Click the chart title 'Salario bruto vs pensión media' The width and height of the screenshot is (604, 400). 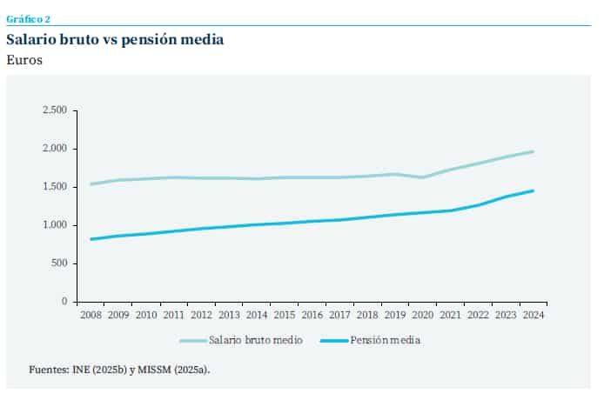pyautogui.click(x=115, y=40)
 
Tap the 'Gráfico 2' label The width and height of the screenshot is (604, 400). pyautogui.click(x=28, y=17)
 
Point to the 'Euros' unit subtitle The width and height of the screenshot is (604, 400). pyautogui.click(x=24, y=61)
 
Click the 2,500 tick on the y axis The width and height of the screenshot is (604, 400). pyautogui.click(x=55, y=110)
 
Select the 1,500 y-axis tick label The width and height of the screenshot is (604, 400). pyautogui.click(x=55, y=187)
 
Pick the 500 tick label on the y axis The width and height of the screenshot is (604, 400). pyautogui.click(x=58, y=263)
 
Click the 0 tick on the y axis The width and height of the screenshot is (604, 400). pyautogui.click(x=64, y=302)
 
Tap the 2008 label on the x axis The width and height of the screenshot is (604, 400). pyautogui.click(x=91, y=314)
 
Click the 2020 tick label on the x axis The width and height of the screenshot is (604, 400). pyautogui.click(x=422, y=314)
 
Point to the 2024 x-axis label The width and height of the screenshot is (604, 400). pyautogui.click(x=533, y=314)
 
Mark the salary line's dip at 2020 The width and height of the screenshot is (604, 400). pyautogui.click(x=422, y=177)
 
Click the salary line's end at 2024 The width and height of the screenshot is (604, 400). pyautogui.click(x=533, y=151)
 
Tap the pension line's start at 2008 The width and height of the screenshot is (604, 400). pyautogui.click(x=91, y=239)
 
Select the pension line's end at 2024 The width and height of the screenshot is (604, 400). pyautogui.click(x=533, y=190)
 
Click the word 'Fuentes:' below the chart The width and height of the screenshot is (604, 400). pyautogui.click(x=48, y=370)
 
